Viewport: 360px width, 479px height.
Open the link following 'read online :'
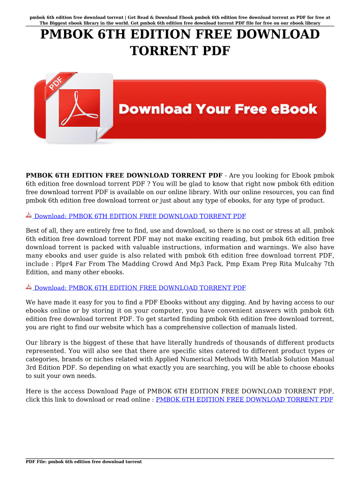(244, 399)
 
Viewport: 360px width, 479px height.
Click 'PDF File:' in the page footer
(36, 462)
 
